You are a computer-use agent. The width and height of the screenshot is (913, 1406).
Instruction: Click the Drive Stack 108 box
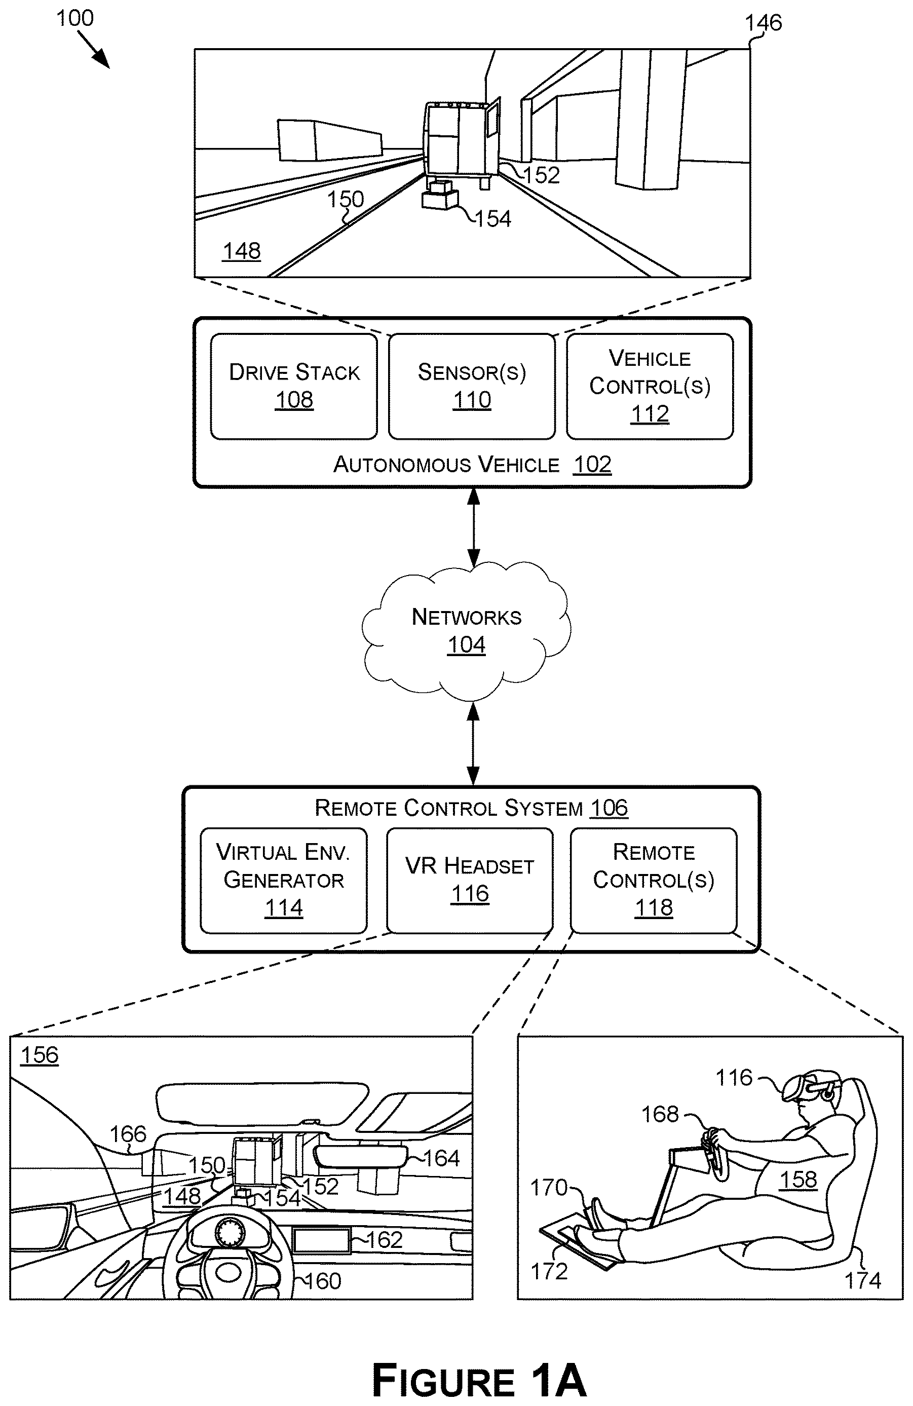[294, 387]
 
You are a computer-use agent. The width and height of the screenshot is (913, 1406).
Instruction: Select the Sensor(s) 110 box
[472, 387]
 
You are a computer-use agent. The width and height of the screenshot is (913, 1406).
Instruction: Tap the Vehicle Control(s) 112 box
[650, 387]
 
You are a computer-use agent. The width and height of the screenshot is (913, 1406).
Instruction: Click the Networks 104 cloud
[466, 630]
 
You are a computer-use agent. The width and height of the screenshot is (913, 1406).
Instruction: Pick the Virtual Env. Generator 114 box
[284, 880]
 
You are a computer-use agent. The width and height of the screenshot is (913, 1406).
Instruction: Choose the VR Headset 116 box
[470, 880]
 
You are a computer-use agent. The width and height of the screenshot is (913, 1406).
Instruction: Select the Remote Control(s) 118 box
[654, 880]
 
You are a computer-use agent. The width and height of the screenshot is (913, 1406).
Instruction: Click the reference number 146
[763, 23]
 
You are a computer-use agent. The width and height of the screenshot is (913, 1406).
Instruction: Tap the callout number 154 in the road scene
[493, 219]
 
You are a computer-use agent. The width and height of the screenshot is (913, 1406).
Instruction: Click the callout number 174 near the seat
[863, 1281]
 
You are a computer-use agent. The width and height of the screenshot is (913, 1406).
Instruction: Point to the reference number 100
[74, 18]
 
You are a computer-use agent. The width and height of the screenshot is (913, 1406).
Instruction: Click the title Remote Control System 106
[471, 808]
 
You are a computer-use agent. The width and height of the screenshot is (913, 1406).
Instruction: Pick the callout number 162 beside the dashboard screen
[384, 1240]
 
